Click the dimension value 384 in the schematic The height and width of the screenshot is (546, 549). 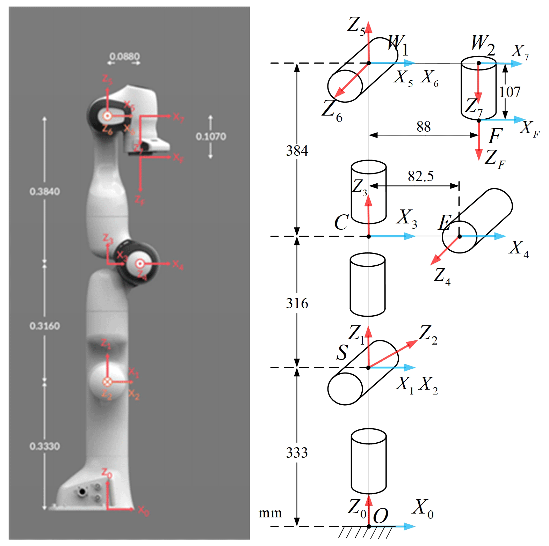click(297, 151)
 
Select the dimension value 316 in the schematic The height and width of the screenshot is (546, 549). click(297, 303)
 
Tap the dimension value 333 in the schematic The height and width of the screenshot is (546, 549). click(297, 453)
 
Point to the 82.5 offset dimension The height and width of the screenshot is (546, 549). click(420, 176)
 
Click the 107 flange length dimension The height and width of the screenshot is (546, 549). click(510, 92)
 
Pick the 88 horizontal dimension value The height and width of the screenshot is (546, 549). click(423, 127)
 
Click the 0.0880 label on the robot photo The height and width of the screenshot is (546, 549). click(124, 56)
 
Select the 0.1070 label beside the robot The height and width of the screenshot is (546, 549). click(211, 136)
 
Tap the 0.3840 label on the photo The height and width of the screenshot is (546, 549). click(45, 191)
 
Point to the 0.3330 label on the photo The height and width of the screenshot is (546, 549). click(45, 446)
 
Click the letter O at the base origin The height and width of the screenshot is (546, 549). click(380, 516)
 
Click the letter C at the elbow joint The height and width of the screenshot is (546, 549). click(341, 222)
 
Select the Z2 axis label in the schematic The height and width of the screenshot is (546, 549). click(428, 334)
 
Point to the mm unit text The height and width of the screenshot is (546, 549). click(270, 513)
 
